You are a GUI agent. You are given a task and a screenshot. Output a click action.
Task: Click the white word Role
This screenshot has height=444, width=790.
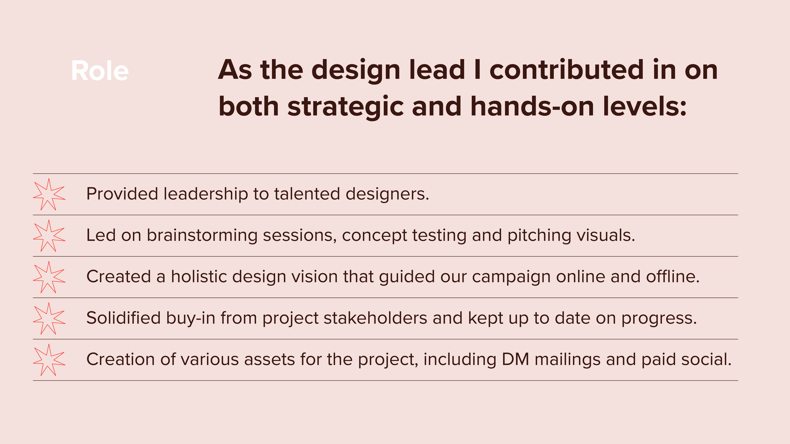click(x=100, y=71)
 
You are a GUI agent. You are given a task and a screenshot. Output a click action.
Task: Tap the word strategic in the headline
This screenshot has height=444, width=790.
click(x=345, y=106)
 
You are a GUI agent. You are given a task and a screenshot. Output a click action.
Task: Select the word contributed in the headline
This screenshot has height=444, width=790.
click(x=566, y=70)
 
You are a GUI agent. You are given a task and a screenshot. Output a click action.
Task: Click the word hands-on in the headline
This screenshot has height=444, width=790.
click(x=532, y=106)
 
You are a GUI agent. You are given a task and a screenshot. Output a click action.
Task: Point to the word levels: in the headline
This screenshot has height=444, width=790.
click(x=645, y=106)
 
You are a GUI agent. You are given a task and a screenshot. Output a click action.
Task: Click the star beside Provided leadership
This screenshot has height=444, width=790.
click(x=49, y=195)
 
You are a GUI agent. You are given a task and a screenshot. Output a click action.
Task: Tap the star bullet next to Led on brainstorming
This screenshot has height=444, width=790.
click(x=49, y=236)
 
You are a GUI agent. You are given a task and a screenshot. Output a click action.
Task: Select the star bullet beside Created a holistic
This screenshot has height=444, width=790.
click(x=49, y=277)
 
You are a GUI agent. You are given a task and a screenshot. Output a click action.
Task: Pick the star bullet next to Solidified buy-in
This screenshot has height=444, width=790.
click(x=49, y=319)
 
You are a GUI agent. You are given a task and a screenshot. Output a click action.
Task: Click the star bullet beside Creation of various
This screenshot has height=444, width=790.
click(x=49, y=360)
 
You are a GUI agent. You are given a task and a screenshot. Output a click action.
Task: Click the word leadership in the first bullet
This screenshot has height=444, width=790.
click(x=206, y=194)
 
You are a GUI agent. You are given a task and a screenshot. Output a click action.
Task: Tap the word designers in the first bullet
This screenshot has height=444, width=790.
click(x=387, y=194)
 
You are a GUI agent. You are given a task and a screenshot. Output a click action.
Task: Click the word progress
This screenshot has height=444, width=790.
click(x=659, y=319)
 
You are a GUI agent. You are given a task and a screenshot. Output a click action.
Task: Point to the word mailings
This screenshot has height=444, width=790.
click(x=568, y=360)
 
